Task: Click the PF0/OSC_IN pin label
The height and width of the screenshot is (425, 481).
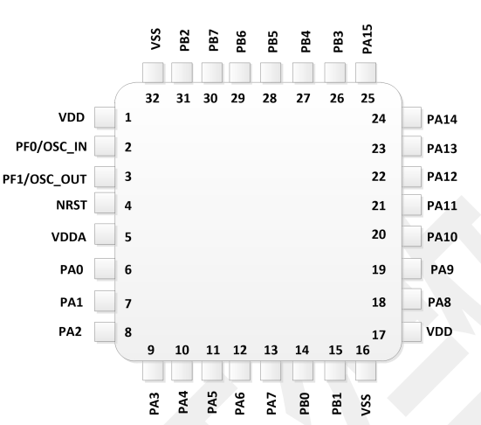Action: point(52,147)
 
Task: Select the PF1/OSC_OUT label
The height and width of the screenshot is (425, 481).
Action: point(45,179)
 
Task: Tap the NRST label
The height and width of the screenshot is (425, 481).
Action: point(72,206)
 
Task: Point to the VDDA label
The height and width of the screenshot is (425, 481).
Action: point(69,237)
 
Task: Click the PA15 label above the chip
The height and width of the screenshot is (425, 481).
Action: point(368,39)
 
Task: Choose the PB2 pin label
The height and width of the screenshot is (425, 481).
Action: point(185,40)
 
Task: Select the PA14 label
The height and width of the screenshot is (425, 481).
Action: point(442,119)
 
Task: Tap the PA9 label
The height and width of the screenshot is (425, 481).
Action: point(442,269)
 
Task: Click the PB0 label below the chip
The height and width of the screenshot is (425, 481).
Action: point(304,403)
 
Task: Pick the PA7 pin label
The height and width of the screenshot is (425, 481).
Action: point(271,403)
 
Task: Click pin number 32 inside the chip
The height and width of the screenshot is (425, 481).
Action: point(153,98)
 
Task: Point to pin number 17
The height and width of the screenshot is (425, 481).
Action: point(379,335)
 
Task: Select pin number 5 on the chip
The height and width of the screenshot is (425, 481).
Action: point(128,237)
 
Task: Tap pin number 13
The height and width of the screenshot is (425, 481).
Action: point(271,350)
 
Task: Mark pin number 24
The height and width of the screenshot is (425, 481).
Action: point(379,119)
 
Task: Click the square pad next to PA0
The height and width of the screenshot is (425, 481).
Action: point(105,268)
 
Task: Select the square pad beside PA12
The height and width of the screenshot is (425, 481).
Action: point(411,177)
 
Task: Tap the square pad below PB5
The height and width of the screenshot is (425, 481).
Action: point(271,73)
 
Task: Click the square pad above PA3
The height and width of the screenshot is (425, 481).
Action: point(153,370)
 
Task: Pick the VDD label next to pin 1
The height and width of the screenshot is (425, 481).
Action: point(72,117)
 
